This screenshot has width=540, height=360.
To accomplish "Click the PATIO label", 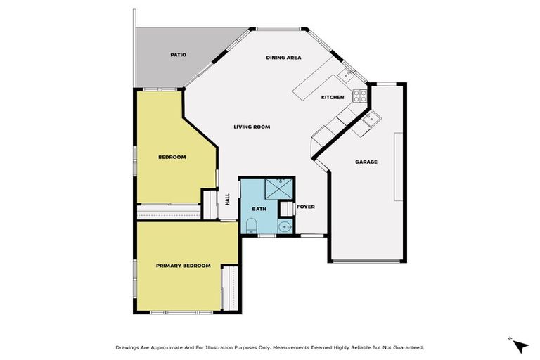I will [x=178, y=55].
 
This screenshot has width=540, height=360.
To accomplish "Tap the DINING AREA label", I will [x=283, y=58].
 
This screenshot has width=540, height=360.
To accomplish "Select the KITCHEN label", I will [x=333, y=97].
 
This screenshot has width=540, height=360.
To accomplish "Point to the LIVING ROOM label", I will [x=252, y=127].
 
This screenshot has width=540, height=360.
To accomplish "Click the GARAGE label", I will [x=366, y=162].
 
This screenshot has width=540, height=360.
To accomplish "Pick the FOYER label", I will [x=305, y=207].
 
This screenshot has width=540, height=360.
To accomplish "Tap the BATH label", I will [x=259, y=209].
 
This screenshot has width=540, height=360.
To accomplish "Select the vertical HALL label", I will [x=227, y=200].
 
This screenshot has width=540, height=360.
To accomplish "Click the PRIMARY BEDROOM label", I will [x=183, y=265].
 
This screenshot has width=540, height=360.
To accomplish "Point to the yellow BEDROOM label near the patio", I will [x=172, y=157].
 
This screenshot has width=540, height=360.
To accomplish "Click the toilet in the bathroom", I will [x=251, y=226].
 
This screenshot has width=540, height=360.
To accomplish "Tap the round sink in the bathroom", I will [x=284, y=226].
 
